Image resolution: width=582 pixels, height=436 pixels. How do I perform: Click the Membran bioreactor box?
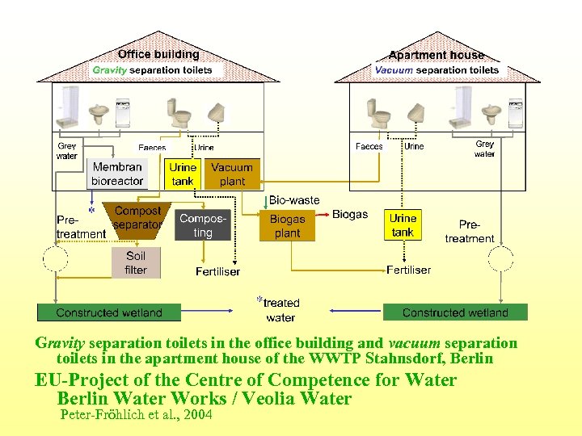coord(117,174)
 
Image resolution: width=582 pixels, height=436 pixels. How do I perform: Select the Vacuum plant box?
coord(232,174)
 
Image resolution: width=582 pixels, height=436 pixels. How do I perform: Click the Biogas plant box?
coord(287,226)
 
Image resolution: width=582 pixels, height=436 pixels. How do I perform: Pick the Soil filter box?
coord(136,262)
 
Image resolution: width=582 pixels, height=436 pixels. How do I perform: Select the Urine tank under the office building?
coord(183,174)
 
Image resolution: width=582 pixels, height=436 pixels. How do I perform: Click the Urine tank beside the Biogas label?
coord(403,225)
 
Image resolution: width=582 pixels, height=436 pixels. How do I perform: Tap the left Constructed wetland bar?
coord(109,312)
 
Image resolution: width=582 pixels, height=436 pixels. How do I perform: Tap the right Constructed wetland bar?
coord(455,312)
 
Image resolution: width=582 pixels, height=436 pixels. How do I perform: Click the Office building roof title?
coord(158,54)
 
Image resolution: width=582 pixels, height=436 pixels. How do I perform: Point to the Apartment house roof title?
coord(436,55)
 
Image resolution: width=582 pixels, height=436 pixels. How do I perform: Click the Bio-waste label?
coord(293,199)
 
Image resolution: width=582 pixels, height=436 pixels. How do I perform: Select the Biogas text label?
coord(349,215)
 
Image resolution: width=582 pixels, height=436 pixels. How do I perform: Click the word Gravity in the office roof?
coord(110,70)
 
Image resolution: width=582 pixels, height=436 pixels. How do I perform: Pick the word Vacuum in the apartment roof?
coord(394,70)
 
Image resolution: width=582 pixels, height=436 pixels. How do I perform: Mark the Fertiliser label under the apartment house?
coord(408,270)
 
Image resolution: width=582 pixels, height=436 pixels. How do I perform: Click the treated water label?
coord(280,309)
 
